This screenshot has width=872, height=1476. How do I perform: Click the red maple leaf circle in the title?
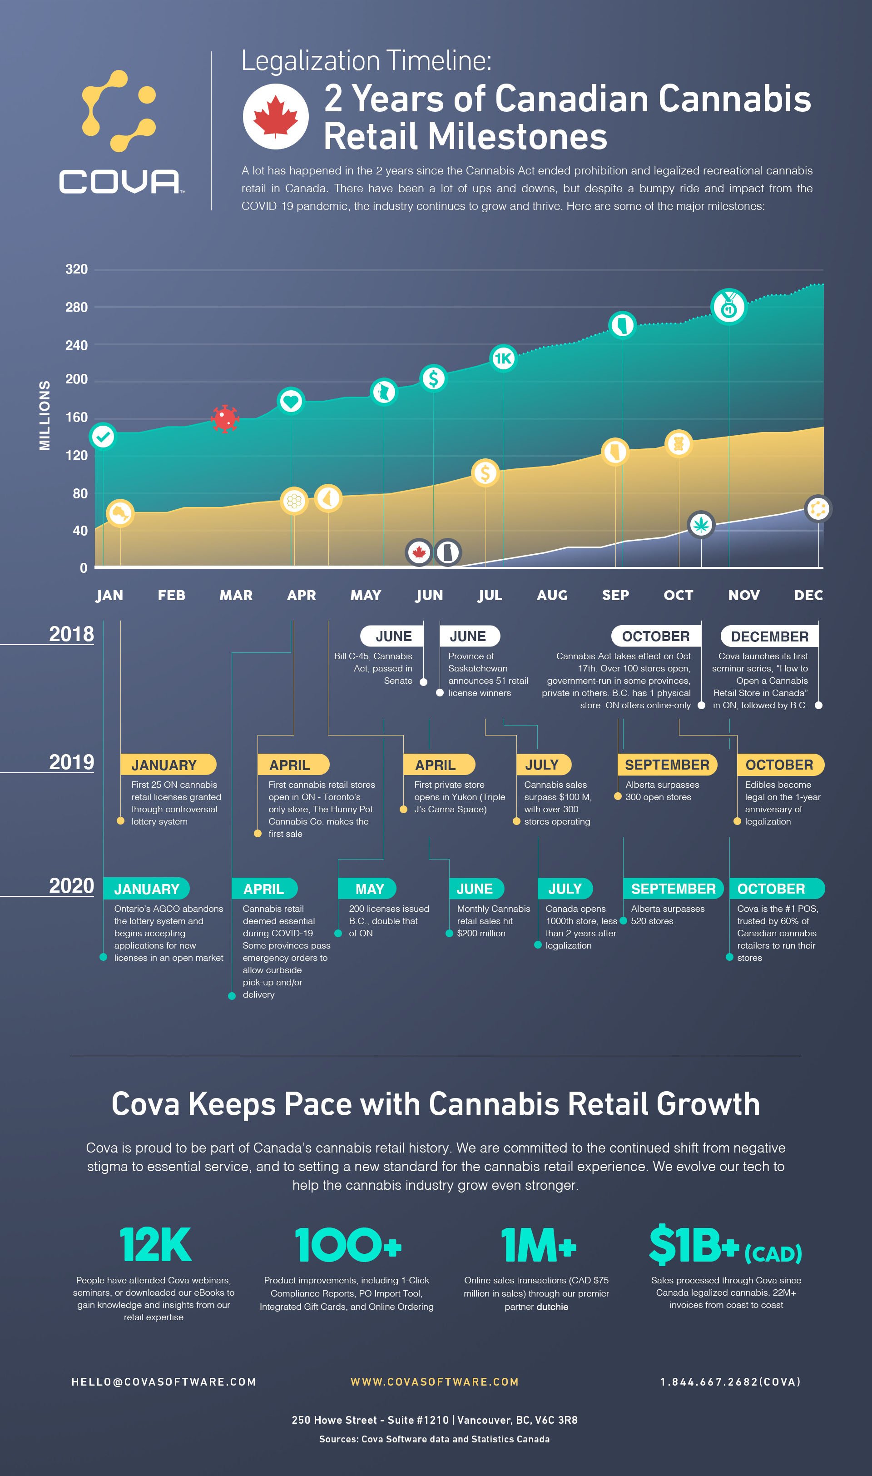(276, 116)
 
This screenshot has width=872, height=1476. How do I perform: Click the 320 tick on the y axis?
(76, 269)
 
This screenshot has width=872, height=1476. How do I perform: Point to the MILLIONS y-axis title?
(45, 415)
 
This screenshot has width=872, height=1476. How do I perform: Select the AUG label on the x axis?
(552, 595)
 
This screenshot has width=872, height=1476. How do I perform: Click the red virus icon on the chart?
(224, 419)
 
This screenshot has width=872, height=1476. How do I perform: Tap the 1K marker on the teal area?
(503, 358)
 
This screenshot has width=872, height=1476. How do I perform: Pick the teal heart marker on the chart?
(290, 401)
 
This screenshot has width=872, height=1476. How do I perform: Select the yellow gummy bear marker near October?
(678, 444)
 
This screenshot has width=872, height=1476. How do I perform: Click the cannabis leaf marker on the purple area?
(700, 525)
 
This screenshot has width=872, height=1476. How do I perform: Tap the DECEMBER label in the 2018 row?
(769, 636)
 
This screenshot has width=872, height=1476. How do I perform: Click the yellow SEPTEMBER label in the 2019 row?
(667, 765)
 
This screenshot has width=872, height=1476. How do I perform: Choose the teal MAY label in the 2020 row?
(369, 889)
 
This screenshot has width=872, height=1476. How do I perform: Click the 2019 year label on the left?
(71, 762)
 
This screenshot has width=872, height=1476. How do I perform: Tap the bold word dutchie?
(552, 1307)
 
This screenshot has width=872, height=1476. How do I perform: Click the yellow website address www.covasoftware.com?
(435, 1382)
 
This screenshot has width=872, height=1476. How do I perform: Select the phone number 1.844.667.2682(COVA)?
(730, 1382)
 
